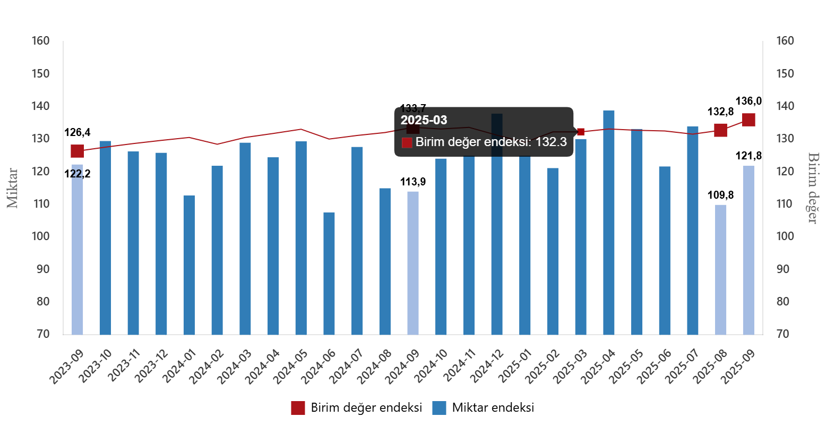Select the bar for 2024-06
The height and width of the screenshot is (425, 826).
[x=329, y=273]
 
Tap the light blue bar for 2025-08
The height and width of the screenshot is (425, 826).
[x=720, y=269]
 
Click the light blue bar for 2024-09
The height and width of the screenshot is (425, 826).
[x=413, y=263]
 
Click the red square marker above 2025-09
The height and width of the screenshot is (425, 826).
[x=748, y=120]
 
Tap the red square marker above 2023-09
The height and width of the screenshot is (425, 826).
[x=78, y=151]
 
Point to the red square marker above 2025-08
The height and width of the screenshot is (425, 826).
[x=720, y=130]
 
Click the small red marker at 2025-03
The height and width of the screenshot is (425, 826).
[x=581, y=132]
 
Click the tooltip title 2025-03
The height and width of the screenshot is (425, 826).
[x=424, y=120]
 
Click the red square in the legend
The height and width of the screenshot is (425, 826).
[x=298, y=408]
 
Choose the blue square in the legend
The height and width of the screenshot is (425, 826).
[x=439, y=408]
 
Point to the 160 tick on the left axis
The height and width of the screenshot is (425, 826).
[x=40, y=41]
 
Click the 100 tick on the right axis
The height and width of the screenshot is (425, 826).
[x=785, y=236]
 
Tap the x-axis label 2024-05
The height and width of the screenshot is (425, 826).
[x=289, y=366]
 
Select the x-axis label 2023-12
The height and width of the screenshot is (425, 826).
[x=149, y=366]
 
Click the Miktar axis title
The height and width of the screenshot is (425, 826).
[x=12, y=188]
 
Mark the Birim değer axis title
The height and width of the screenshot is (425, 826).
[x=813, y=188]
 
